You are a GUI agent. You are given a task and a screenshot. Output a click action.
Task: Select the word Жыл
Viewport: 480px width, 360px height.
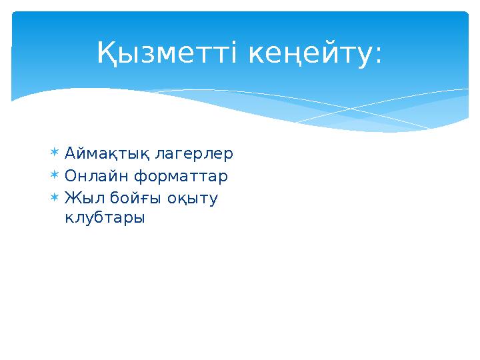[79, 199]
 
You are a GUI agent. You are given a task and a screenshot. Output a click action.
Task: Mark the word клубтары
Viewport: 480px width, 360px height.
[105, 218]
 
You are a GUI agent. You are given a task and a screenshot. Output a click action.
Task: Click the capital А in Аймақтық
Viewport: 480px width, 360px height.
[70, 155]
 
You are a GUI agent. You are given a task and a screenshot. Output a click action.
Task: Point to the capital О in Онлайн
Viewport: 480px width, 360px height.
[71, 177]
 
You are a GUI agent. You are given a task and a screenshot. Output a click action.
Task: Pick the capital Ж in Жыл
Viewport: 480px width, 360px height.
[71, 199]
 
